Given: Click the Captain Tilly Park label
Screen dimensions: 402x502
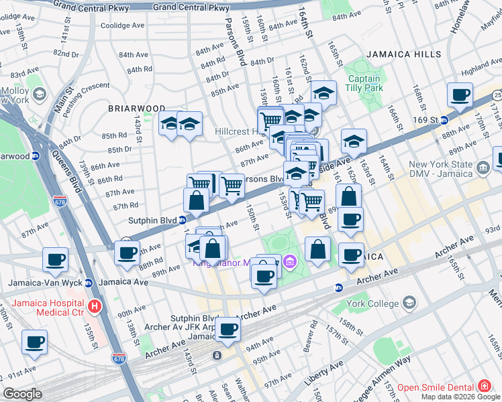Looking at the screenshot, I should pos(364,83).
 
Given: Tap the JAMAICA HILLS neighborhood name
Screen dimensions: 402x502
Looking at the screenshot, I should pos(403,54).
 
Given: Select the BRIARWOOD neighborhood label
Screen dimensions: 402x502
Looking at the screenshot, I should pos(137,108).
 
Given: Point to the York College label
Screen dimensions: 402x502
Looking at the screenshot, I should pos(372,304).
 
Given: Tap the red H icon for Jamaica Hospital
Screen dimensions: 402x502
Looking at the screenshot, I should pos(95,308).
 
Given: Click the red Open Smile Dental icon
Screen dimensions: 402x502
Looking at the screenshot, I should pos(484,387).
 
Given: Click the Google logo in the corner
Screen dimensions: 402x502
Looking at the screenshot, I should pos(22,394).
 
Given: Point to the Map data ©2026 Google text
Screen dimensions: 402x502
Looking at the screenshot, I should pos(460,397).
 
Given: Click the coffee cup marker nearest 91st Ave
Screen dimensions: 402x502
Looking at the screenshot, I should pos(34,342).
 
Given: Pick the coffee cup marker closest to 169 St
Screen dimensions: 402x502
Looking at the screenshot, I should pos(460,94).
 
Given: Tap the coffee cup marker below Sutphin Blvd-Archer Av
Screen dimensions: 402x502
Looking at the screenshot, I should pos(228,329).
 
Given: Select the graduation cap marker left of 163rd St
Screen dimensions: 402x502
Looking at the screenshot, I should pos(354,141).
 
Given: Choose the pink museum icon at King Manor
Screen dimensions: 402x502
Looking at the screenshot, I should pos(290,261).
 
